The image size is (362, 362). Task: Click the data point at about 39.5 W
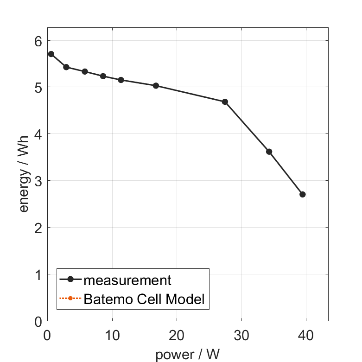303,194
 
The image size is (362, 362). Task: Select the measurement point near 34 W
269,152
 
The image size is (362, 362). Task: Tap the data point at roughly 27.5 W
225,102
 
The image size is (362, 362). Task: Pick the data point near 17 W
156,86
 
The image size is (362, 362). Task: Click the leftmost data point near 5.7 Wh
51,54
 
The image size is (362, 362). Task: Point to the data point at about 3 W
66,67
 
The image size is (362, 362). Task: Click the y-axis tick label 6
38,41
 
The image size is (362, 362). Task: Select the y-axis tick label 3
38,181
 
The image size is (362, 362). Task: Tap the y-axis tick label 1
38,274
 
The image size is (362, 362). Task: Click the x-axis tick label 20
176,335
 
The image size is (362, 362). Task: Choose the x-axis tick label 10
112,335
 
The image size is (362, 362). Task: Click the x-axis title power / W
187,355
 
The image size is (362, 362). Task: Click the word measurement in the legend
127,280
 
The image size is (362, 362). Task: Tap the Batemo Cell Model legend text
144,299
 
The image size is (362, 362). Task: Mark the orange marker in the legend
70,298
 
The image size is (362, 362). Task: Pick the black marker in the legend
70,279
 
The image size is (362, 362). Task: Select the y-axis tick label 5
38,88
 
